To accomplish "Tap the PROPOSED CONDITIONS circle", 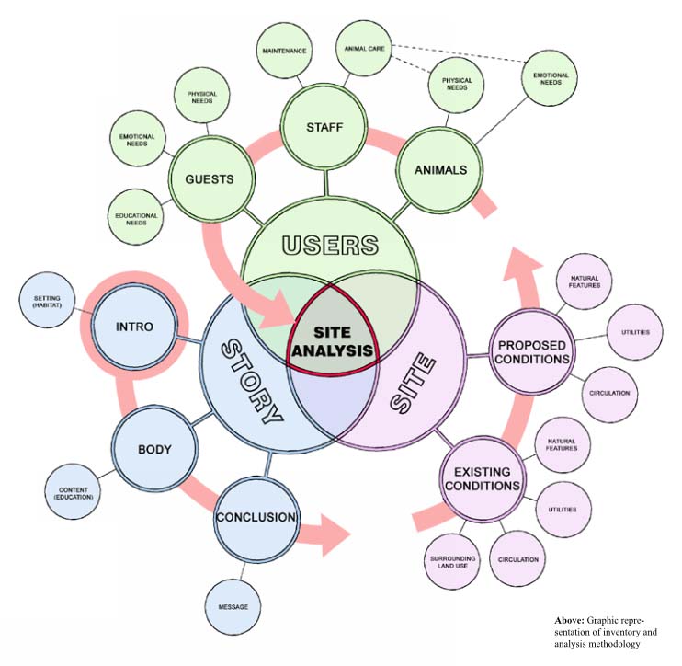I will pyautogui.click(x=533, y=351).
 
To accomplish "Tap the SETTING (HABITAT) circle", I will pyautogui.click(x=48, y=304).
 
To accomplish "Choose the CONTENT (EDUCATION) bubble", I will pyautogui.click(x=74, y=492).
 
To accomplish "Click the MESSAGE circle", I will pyautogui.click(x=233, y=607).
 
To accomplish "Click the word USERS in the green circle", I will pyautogui.click(x=331, y=246).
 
